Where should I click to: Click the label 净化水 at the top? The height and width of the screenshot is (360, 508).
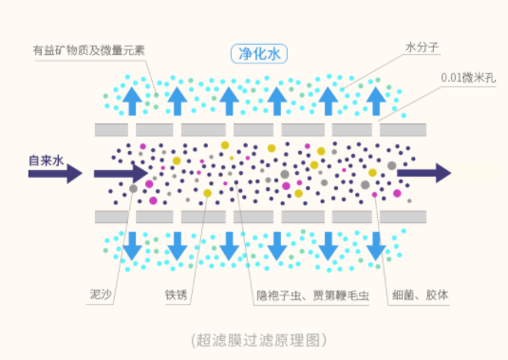(x=254, y=53)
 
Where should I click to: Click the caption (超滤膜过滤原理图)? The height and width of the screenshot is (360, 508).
(x=254, y=339)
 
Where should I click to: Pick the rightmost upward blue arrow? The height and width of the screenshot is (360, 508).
(x=377, y=99)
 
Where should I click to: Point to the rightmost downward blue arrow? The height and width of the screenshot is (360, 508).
(x=377, y=246)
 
